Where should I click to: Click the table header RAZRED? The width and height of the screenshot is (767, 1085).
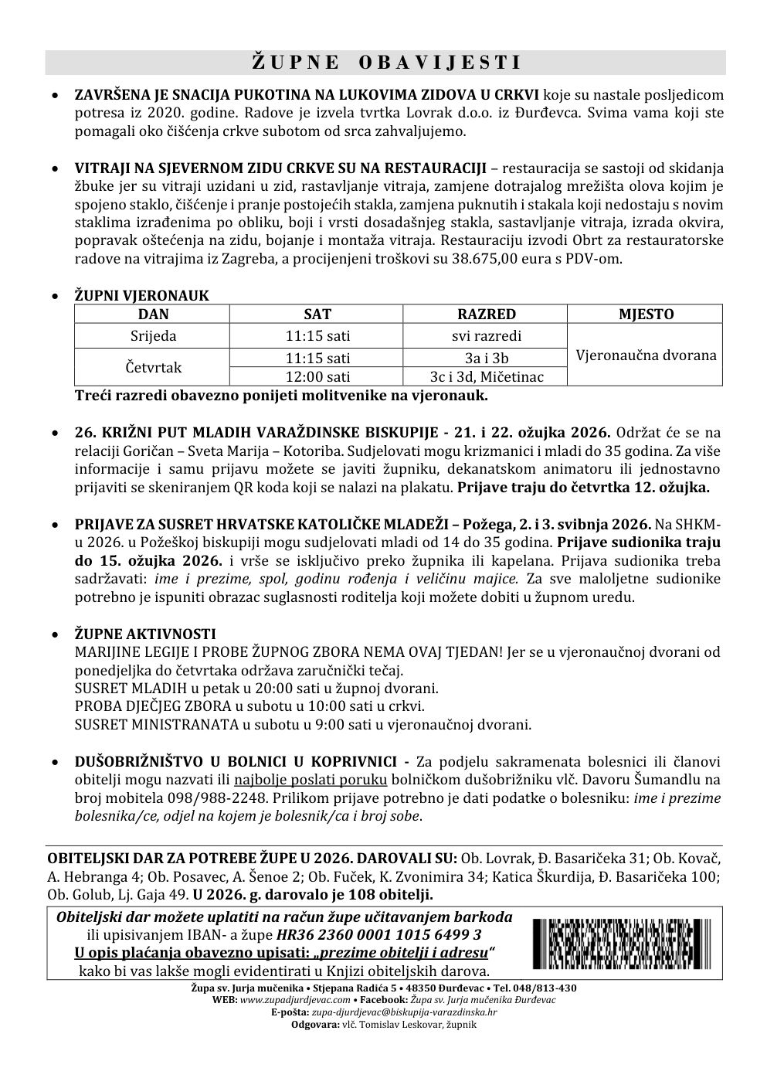coord(486,315)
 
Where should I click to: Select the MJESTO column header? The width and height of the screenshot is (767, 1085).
coord(646,315)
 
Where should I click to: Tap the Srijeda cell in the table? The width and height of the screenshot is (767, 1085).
coord(153,336)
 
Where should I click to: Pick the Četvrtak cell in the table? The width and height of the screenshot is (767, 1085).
coord(153,367)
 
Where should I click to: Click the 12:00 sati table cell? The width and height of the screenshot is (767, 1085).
coord(317,377)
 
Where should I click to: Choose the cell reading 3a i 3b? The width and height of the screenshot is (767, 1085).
coord(486,359)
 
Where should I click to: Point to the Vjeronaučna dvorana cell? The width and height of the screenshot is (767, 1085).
coord(646,355)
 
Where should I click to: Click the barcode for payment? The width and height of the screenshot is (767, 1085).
coord(626,944)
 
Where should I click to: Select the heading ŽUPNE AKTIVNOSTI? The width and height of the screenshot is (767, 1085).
coord(145,634)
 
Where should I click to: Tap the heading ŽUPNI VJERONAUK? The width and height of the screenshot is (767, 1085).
coord(141,295)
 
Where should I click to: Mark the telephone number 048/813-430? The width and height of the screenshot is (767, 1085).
coord(549,988)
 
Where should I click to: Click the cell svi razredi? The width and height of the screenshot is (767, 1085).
coord(486,336)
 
